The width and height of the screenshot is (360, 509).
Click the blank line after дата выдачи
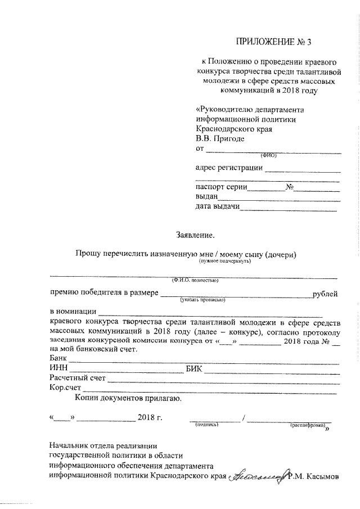(288, 210)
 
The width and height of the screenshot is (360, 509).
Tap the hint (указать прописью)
(202, 300)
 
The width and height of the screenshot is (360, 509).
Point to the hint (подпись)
(206, 426)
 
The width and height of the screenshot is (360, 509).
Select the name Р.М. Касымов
(313, 476)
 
